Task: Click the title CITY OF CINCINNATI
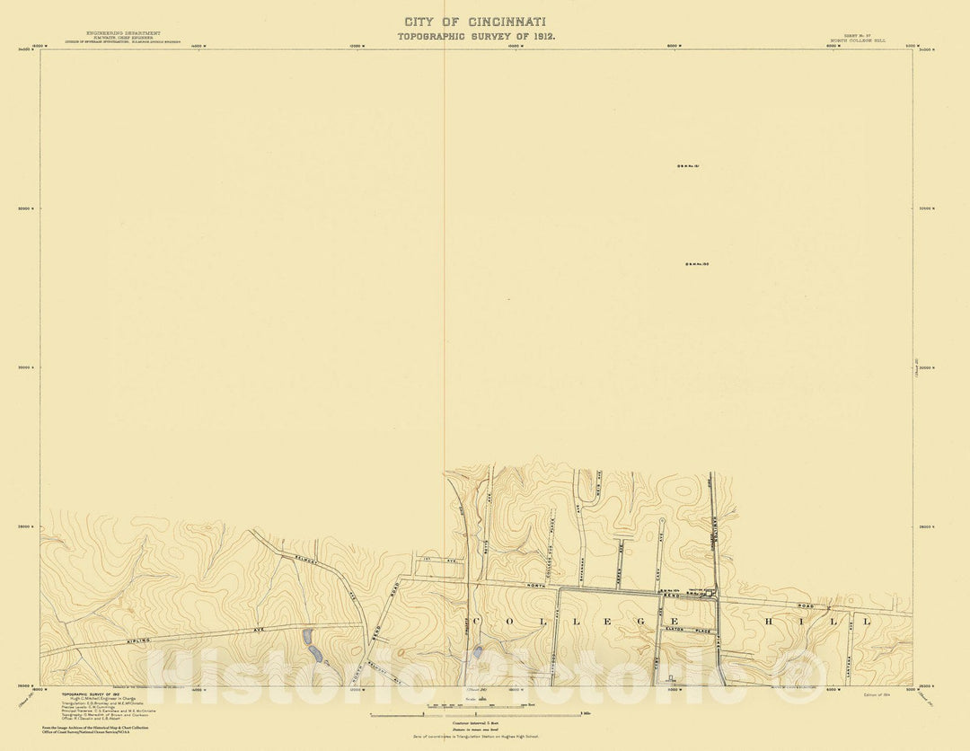tap(475, 22)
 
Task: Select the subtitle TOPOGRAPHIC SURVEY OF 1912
tap(477, 36)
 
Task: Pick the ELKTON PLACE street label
tap(686, 631)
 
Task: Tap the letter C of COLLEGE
tap(476, 622)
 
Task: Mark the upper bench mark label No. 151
tap(689, 166)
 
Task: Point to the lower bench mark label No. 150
tap(698, 264)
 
